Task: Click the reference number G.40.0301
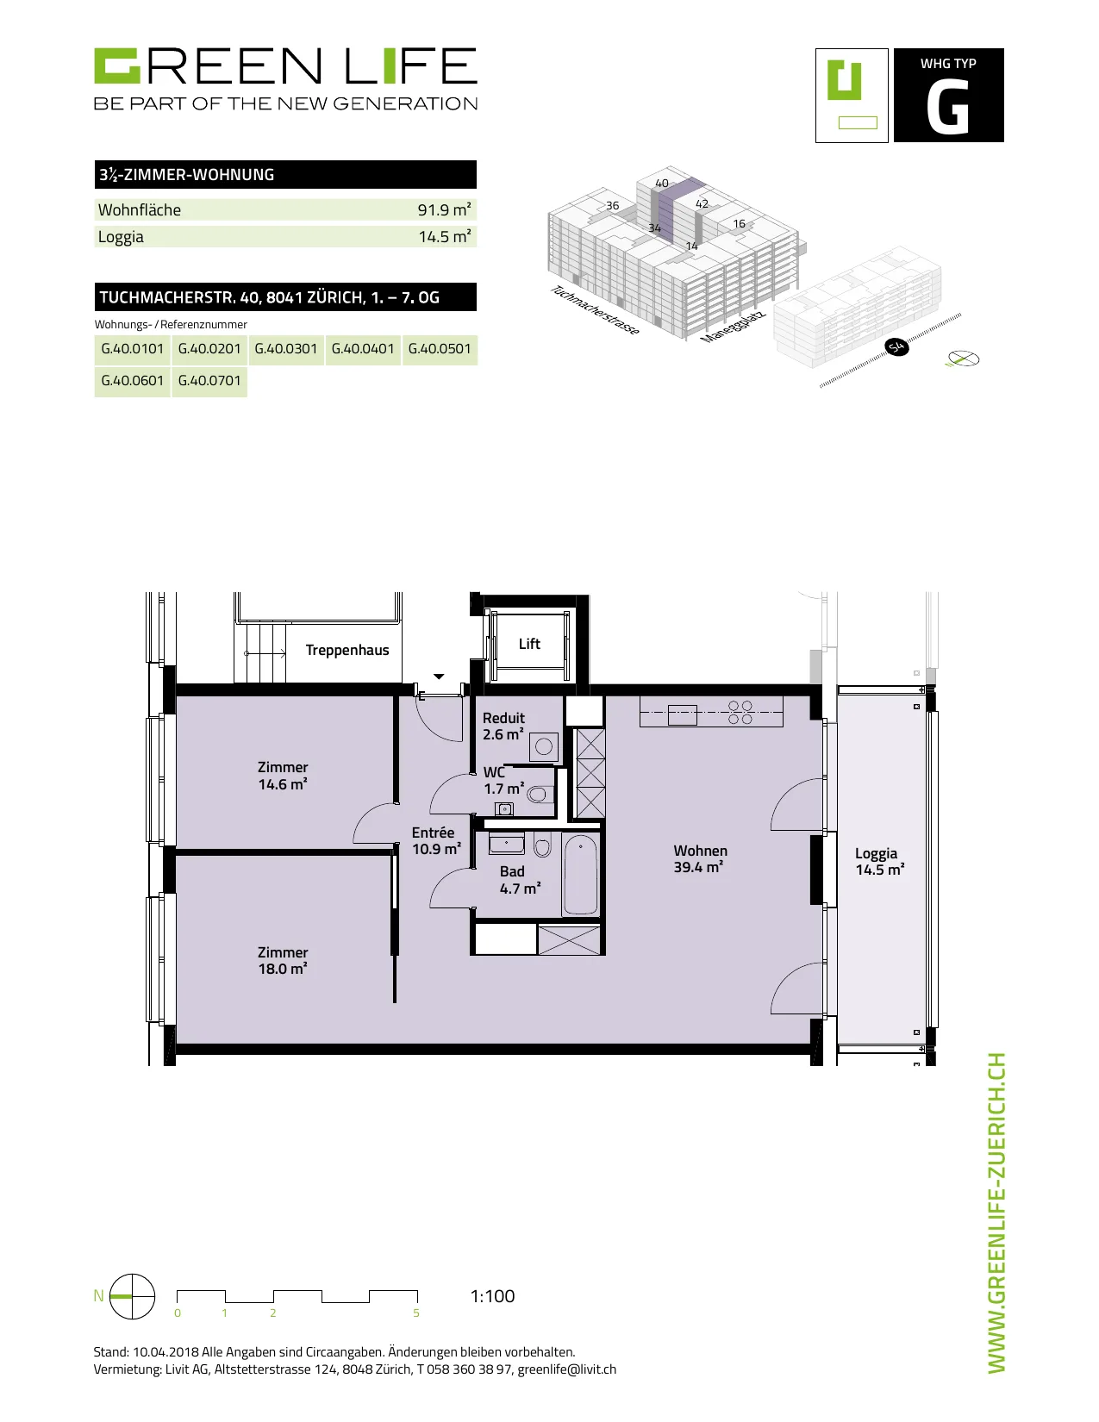[x=286, y=349]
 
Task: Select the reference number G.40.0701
[x=209, y=381]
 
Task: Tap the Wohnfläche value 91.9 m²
[x=445, y=209]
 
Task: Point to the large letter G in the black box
[x=948, y=108]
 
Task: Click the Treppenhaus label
[x=347, y=650]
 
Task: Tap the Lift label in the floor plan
[x=529, y=644]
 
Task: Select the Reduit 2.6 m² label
[x=503, y=727]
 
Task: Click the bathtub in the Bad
[x=581, y=875]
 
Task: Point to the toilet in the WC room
[x=540, y=795]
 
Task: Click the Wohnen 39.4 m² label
[x=699, y=859]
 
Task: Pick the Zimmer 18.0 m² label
[x=283, y=961]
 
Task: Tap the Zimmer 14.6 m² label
[x=283, y=776]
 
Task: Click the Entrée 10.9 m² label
[x=436, y=841]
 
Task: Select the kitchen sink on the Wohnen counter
[x=682, y=714]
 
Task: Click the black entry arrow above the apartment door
[x=439, y=677]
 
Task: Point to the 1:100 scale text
[x=493, y=1296]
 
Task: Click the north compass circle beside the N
[x=132, y=1297]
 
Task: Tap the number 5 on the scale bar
[x=416, y=1313]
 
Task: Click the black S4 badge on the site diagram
[x=896, y=346]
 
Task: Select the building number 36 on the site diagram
[x=612, y=205]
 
